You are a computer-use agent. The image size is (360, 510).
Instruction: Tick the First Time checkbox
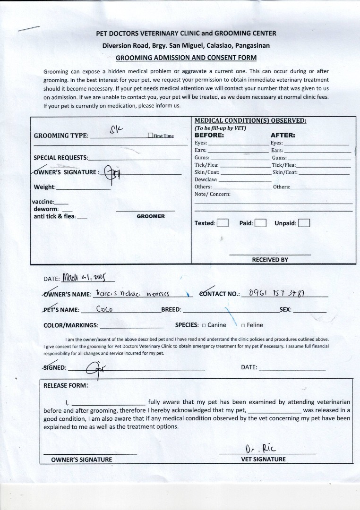tap(150, 136)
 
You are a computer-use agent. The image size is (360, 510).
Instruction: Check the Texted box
tap(223, 223)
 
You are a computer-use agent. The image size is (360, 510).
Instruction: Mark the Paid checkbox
tap(260, 223)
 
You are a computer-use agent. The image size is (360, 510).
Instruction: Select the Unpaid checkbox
tap(304, 223)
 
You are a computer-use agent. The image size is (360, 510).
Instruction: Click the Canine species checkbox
tap(204, 325)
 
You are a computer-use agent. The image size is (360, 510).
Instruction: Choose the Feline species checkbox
tap(243, 325)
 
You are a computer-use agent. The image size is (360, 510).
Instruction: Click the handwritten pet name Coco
tap(104, 309)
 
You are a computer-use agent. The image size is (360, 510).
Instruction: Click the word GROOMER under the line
tap(151, 216)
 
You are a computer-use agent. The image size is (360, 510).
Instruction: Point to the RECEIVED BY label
tap(270, 260)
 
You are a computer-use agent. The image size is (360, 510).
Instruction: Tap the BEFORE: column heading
tap(209, 135)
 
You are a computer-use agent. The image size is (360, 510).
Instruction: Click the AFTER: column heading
tap(283, 135)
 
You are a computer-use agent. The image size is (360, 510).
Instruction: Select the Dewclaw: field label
tap(206, 179)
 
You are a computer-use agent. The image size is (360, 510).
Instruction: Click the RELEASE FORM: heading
tap(66, 385)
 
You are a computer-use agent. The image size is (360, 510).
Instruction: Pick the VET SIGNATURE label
tap(263, 459)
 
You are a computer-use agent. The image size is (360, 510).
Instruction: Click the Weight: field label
tap(44, 187)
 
